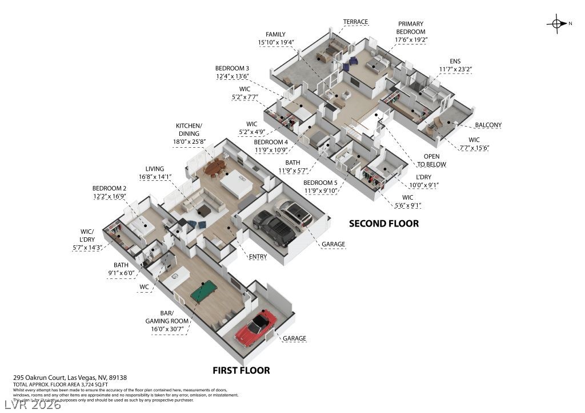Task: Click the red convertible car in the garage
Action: [x=255, y=329]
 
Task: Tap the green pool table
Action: [x=204, y=294]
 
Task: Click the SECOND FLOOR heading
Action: [x=384, y=224]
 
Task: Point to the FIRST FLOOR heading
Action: [x=241, y=370]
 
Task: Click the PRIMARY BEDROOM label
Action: [x=411, y=27]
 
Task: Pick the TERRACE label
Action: [x=355, y=22]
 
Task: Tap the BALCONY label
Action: [x=488, y=125]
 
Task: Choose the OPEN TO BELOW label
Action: [x=435, y=160]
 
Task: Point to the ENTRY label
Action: [x=258, y=257]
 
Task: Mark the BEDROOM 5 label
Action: [x=319, y=183]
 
